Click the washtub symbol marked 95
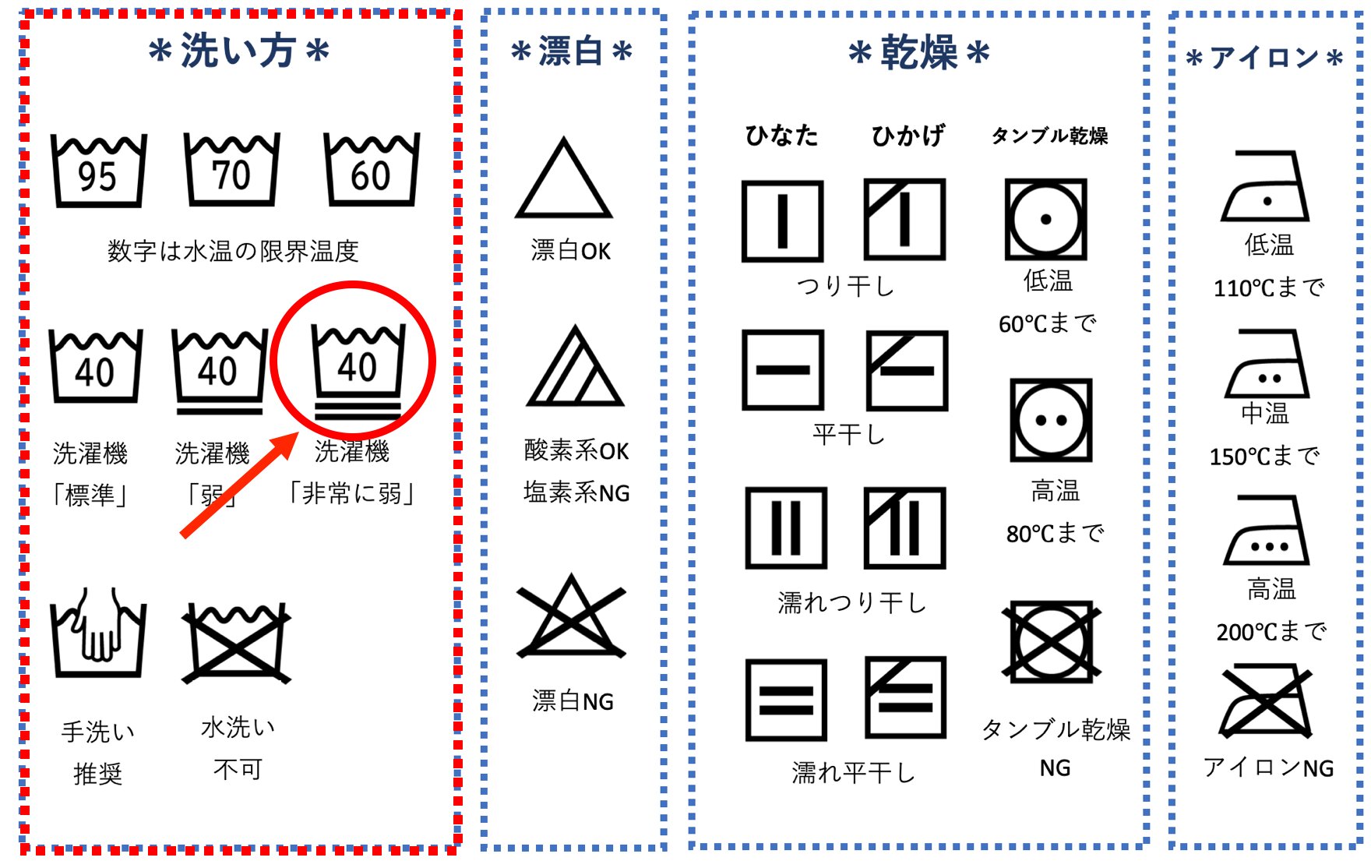(x=98, y=170)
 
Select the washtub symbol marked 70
(x=231, y=169)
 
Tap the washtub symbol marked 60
(x=372, y=169)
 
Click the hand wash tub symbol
(x=98, y=633)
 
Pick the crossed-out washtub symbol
(x=236, y=642)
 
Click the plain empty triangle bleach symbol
(x=564, y=181)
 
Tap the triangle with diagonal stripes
(x=576, y=369)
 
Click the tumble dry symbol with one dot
(x=1045, y=219)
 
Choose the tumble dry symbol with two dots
(x=1051, y=421)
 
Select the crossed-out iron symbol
(x=1266, y=700)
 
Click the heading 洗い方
(x=238, y=51)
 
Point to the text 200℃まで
(x=1271, y=631)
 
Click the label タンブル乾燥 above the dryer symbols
(x=1049, y=136)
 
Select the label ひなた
(x=781, y=136)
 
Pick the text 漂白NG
(x=573, y=701)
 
